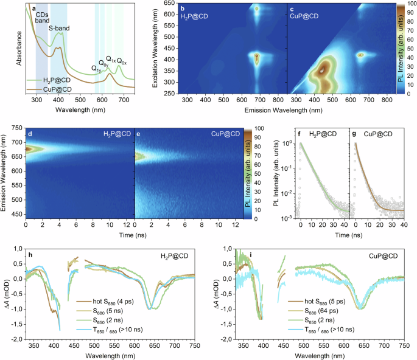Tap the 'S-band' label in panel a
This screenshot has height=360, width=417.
click(x=59, y=29)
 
